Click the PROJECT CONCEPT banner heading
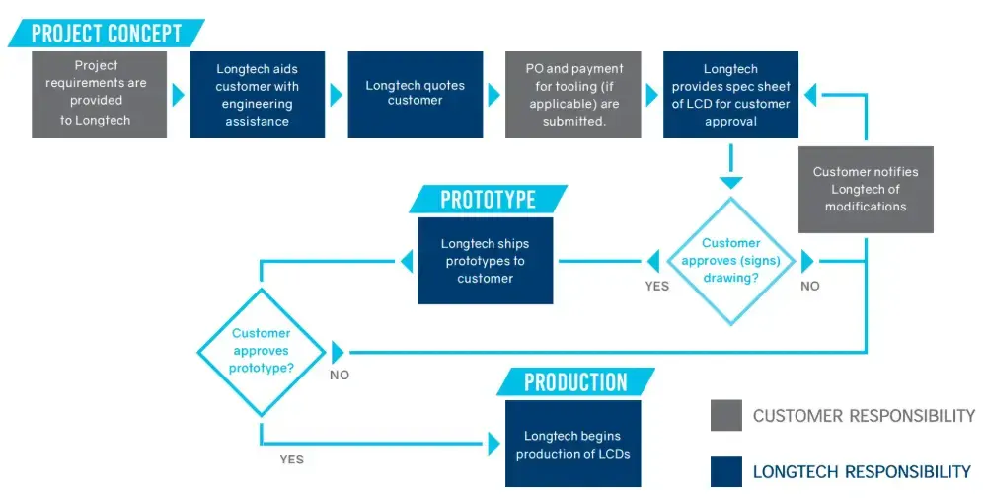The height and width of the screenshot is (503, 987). tap(107, 33)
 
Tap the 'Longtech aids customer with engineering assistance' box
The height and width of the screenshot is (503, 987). tap(257, 94)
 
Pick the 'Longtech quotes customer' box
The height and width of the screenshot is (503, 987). tap(415, 94)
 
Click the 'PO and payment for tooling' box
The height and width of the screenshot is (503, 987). tap(573, 94)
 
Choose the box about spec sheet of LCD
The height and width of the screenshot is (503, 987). tap(730, 94)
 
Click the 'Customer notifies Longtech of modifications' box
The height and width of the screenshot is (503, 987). tap(865, 189)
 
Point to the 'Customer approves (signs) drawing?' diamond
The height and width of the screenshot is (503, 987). tap(730, 261)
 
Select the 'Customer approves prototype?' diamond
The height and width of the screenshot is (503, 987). tap(261, 351)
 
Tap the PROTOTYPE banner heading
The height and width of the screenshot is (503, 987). tap(488, 199)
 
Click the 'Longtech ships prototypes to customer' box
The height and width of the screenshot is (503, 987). tap(485, 261)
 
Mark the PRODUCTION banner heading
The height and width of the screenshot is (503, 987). tap(575, 382)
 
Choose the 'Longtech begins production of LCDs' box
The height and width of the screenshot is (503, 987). tap(572, 444)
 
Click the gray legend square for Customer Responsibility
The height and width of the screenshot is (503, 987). tap(725, 416)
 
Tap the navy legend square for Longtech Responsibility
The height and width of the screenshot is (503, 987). tap(725, 471)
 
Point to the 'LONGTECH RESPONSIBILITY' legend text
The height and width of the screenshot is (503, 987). tap(862, 472)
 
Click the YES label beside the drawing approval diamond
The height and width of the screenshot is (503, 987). tap(656, 286)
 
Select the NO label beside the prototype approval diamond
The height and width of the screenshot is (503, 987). tap(340, 375)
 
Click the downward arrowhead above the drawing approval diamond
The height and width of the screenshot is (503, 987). tap(730, 180)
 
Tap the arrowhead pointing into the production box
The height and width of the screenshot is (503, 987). tap(493, 444)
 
